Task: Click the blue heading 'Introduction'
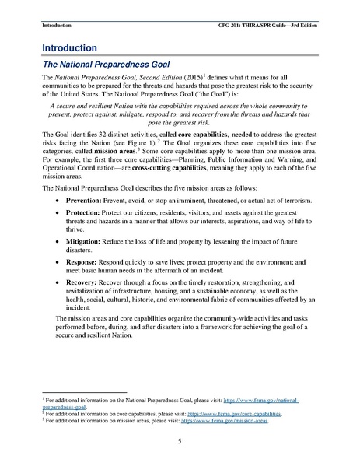(x=69, y=47)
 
